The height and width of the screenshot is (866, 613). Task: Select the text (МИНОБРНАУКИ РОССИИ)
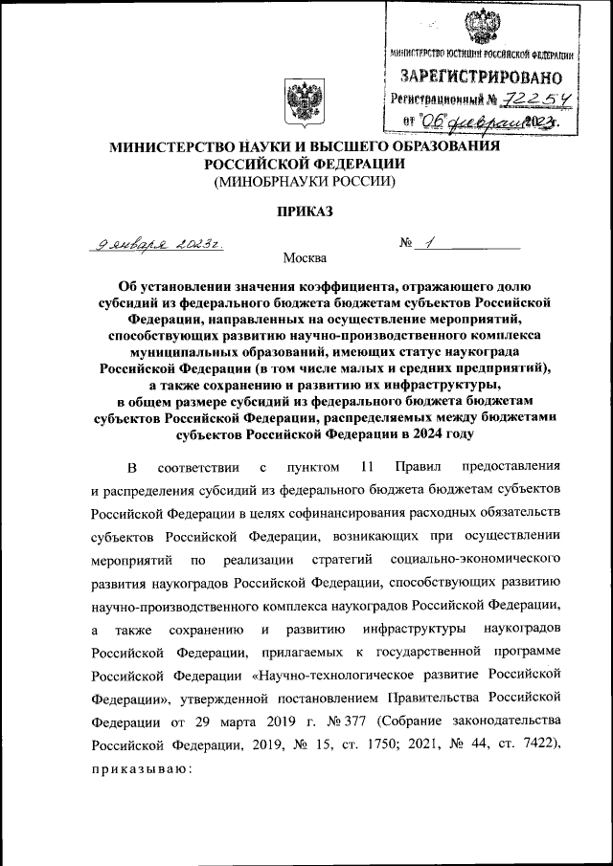pos(304,180)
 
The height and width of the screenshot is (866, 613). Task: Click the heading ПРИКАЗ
pos(304,212)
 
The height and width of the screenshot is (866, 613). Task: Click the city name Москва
pos(305,257)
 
